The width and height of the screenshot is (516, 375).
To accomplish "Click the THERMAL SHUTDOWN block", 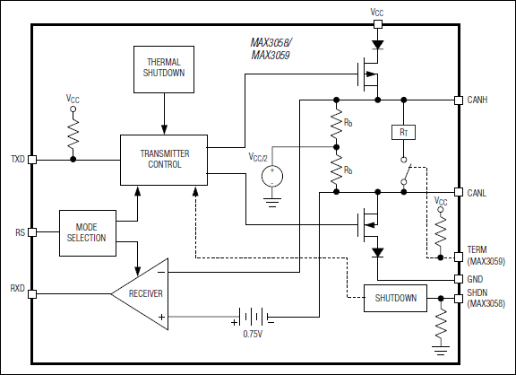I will click(x=164, y=68).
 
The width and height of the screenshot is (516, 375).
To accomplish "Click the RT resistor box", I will click(x=402, y=132).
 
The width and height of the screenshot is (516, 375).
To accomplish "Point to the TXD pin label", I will click(x=17, y=159).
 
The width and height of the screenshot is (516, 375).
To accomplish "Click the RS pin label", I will click(x=19, y=231).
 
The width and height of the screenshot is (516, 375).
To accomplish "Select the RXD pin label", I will click(x=17, y=290).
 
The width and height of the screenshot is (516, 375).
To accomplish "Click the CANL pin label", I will click(x=478, y=192).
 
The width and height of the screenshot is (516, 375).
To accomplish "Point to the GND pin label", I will click(x=476, y=279).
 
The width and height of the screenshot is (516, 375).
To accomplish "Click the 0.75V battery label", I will click(x=254, y=335).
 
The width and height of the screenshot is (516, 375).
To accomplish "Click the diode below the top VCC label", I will click(x=376, y=41).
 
